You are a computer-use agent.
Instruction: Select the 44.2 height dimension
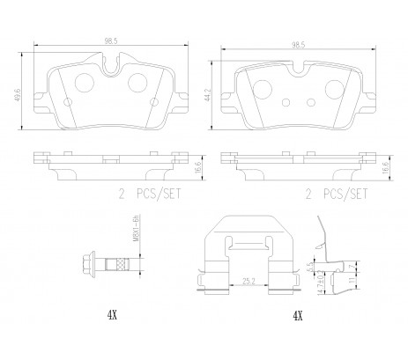click(207, 91)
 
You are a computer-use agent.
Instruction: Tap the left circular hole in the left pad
click(84, 84)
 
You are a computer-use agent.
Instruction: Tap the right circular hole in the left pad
click(137, 84)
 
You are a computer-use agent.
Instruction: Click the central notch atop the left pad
click(110, 63)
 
